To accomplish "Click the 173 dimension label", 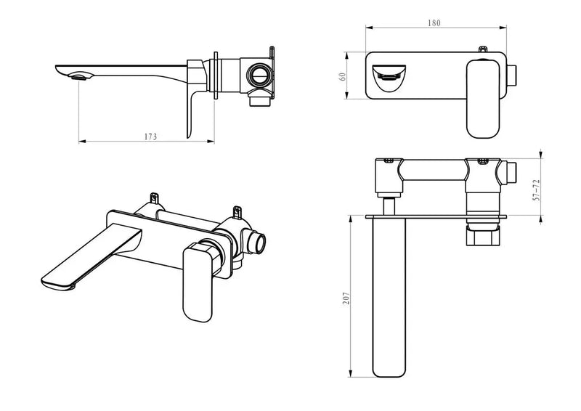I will (x=151, y=136).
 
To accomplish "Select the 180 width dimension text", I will (x=434, y=23).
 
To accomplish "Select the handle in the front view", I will (x=481, y=98).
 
